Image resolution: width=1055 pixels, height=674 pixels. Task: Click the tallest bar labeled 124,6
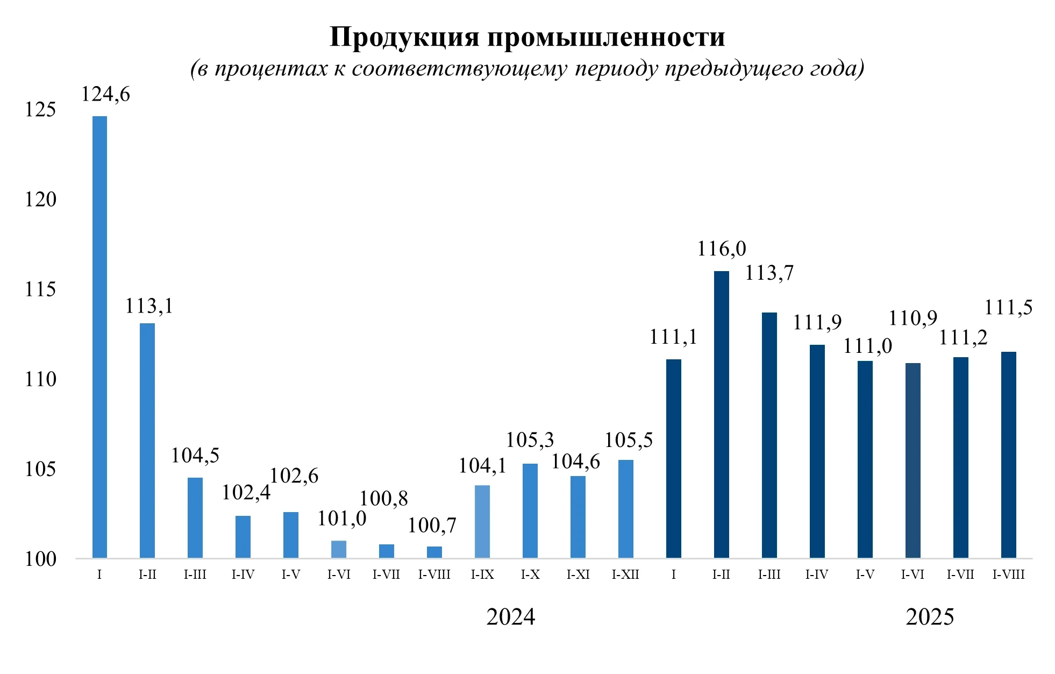click(99, 337)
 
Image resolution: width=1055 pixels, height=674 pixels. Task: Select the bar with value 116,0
click(721, 414)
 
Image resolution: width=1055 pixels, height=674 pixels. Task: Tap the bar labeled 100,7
click(434, 552)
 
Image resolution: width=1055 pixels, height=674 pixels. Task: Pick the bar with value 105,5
click(625, 509)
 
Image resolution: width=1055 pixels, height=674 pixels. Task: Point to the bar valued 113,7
click(769, 435)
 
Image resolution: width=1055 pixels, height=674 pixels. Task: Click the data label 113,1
click(149, 306)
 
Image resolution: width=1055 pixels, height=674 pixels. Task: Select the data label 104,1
click(482, 466)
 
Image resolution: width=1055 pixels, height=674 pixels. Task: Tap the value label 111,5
click(1008, 308)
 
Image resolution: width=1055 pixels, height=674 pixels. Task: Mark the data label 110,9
click(913, 318)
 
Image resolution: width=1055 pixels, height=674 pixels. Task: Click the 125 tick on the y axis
click(40, 110)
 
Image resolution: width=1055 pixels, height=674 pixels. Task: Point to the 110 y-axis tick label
click(40, 380)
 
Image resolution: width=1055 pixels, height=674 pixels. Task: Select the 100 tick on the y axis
click(40, 559)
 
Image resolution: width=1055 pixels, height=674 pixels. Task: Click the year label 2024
click(510, 617)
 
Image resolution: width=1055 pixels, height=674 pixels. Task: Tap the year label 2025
click(930, 617)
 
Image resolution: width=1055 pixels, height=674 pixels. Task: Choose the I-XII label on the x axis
click(625, 574)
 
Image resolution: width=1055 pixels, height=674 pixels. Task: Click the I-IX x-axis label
click(482, 574)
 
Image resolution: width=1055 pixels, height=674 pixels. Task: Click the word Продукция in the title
click(404, 38)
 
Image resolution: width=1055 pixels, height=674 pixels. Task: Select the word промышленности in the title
click(606, 38)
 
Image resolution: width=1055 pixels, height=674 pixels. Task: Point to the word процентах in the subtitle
click(270, 69)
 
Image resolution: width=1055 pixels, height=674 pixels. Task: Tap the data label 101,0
click(341, 519)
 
